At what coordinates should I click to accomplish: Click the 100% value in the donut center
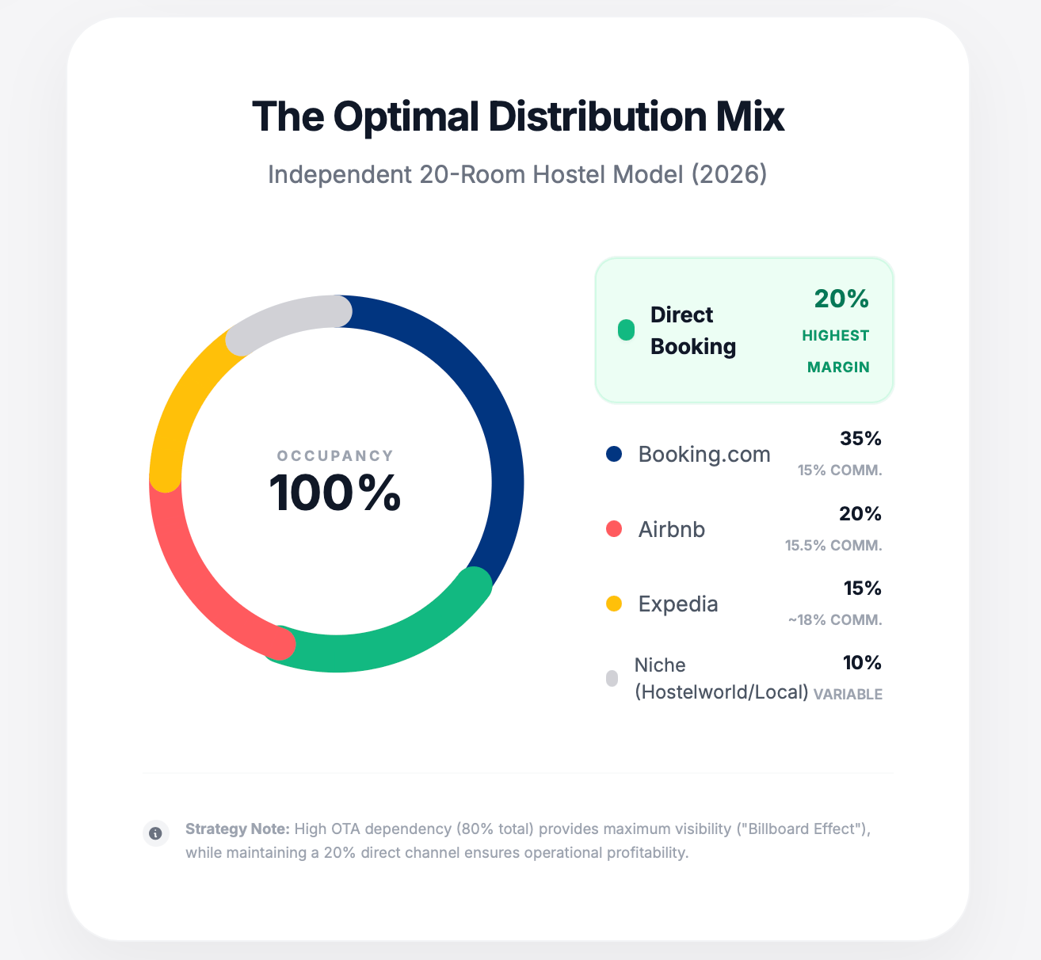335,493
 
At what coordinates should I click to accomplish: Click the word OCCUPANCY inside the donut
335,456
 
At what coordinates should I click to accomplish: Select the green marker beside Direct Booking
626,330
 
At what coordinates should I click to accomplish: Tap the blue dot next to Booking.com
614,454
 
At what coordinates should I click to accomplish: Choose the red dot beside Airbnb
614,529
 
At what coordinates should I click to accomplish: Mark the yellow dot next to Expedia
614,604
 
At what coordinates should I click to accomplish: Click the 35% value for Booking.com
860,439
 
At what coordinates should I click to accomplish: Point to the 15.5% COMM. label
833,546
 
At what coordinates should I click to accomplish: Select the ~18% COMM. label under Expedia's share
835,620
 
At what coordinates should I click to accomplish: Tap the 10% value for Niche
861,663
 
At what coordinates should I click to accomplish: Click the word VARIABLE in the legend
848,695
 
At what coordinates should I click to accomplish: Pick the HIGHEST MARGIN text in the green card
837,351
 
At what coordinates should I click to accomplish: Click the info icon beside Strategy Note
156,833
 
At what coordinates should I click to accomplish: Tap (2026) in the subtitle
729,174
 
